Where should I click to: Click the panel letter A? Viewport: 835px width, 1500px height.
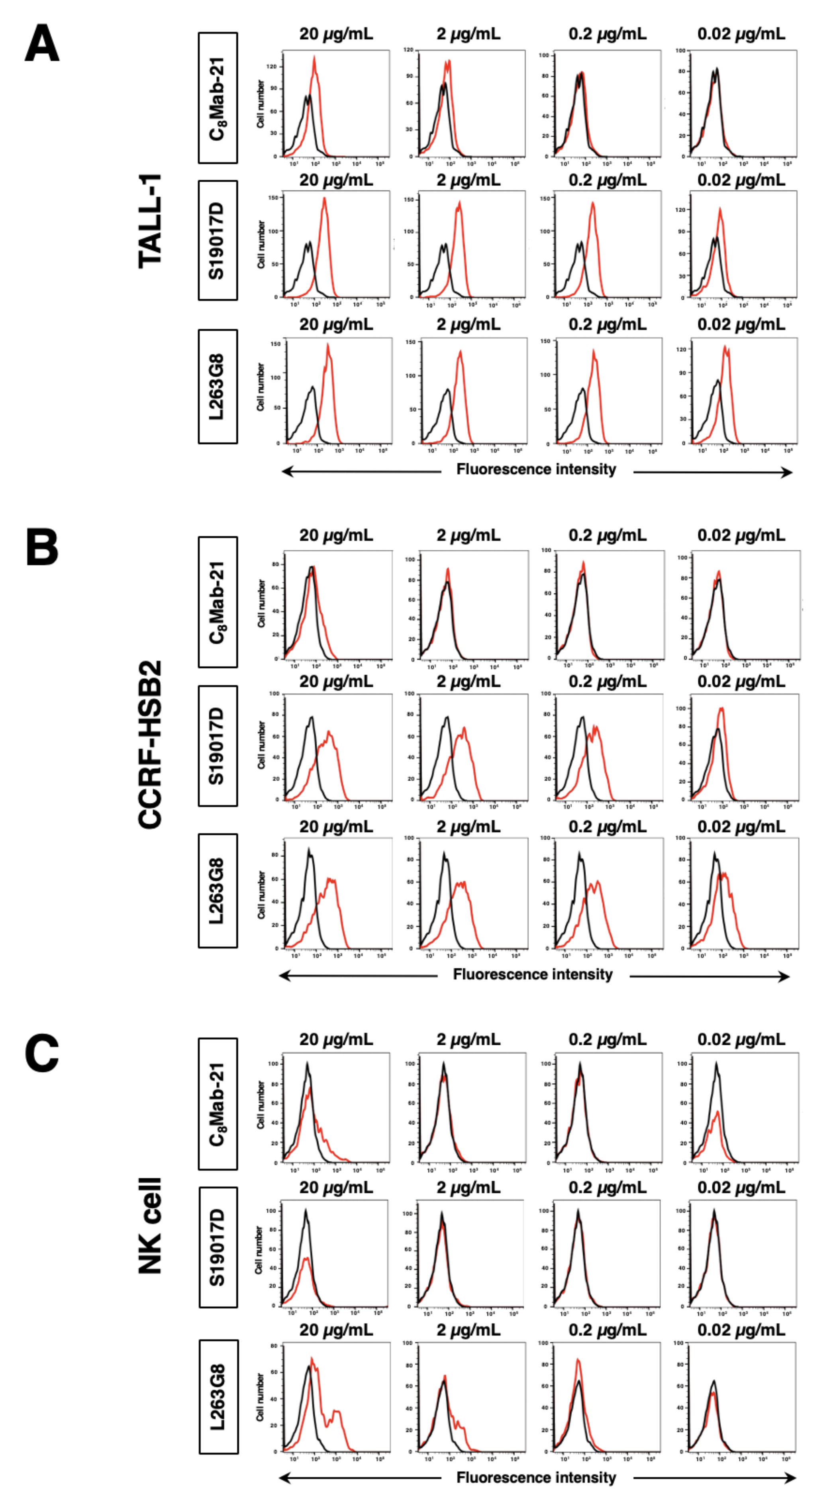tap(42, 44)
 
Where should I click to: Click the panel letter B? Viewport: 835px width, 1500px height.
tap(42, 548)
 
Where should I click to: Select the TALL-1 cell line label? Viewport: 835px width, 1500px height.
tap(150, 221)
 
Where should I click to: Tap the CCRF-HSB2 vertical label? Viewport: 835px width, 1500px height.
tap(150, 744)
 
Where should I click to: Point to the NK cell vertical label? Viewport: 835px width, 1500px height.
tap(150, 1226)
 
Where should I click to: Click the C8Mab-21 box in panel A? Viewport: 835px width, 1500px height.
tap(218, 98)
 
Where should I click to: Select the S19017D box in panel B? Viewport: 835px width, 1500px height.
tap(218, 746)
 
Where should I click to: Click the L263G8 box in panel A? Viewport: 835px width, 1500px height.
tap(218, 387)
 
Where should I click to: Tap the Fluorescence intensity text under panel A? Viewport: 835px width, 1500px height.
tap(536, 469)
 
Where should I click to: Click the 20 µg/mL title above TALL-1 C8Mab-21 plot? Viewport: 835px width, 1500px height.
tap(336, 34)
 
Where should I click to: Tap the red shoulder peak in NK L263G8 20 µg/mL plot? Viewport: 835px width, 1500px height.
tap(336, 1412)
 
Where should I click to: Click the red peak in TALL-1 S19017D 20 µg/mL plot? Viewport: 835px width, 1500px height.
tap(324, 200)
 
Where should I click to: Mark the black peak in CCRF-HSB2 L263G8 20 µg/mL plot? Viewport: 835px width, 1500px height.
tap(310, 850)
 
